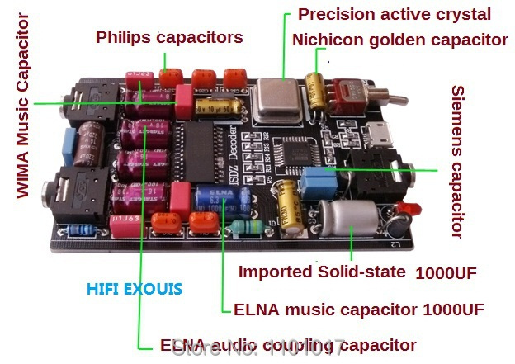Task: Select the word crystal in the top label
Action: point(461,14)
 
